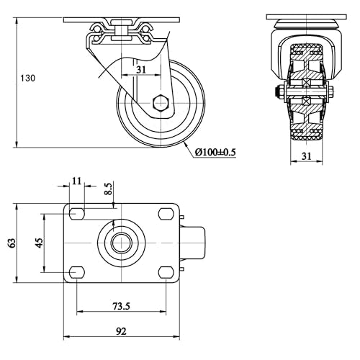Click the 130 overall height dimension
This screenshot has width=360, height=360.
pos(27,78)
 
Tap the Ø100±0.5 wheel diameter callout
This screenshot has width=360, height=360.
pos(215,152)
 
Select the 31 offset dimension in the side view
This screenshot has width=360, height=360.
pos(141,70)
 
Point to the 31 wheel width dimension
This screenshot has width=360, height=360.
pos(306,156)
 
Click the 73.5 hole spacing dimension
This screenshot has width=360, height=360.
pos(121,306)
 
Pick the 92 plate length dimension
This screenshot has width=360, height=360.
pos(121,331)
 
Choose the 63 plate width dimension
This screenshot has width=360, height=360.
pos(12,243)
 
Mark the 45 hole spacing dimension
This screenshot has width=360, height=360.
pos(39,243)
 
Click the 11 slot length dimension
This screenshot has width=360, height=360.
pos(77,181)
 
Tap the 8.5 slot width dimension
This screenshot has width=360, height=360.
pos(109,189)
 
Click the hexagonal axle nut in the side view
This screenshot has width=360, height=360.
pos(161,103)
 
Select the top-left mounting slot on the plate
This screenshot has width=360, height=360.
pos(77,213)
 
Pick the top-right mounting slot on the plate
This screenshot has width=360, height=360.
pos(166,213)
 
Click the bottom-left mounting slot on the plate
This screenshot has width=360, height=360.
pos(77,272)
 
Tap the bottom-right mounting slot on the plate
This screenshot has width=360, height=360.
pos(166,272)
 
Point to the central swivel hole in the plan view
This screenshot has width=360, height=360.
pos(122,243)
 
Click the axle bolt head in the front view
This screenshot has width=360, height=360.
pos(277,91)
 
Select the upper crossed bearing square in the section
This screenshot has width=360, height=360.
pos(307,83)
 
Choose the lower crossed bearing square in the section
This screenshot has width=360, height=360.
pos(307,101)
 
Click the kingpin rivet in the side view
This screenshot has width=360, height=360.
pos(122,30)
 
